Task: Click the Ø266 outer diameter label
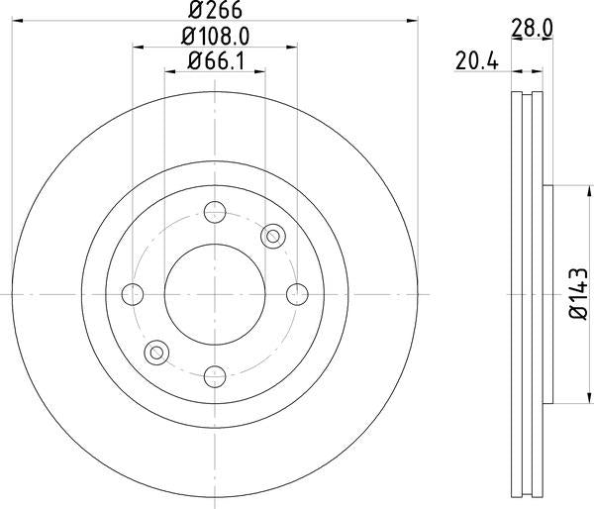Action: (213, 12)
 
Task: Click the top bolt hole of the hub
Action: (214, 211)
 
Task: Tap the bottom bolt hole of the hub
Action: (214, 375)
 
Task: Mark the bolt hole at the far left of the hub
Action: (132, 294)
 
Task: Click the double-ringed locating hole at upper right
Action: (272, 236)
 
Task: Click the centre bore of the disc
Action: (214, 294)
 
